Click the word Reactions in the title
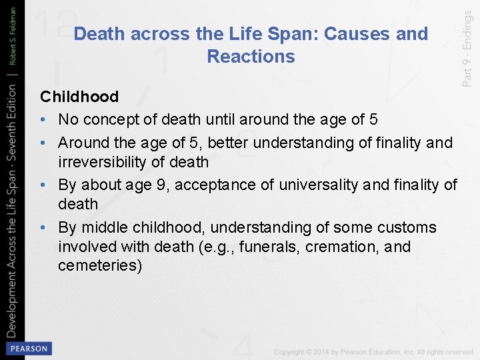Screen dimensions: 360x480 251,57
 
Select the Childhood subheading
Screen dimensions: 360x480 79,97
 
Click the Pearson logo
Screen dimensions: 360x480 27,349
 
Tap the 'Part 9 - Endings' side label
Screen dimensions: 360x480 467,43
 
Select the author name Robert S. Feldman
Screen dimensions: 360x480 12,34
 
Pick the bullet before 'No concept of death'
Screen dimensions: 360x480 43,120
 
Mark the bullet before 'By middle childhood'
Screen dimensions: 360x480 43,228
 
